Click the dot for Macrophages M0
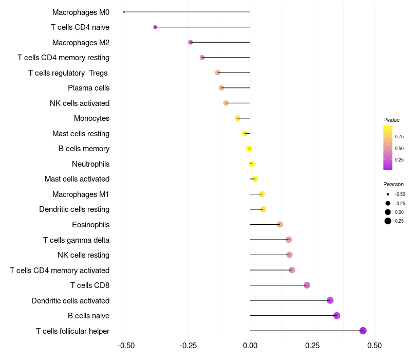click(x=124, y=12)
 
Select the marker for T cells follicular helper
click(x=363, y=331)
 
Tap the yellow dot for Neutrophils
click(x=252, y=164)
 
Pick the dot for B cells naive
click(x=337, y=315)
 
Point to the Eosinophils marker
click(x=279, y=224)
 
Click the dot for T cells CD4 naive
click(x=155, y=27)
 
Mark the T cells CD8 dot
click(x=307, y=285)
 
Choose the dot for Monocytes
click(x=237, y=118)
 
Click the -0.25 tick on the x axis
click(x=188, y=345)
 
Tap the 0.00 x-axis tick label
click(x=250, y=345)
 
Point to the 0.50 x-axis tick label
click(x=375, y=345)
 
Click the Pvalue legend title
click(x=391, y=120)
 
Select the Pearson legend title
click(x=394, y=184)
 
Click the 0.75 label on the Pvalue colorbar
click(x=399, y=136)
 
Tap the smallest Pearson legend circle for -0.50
click(x=388, y=194)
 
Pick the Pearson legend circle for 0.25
click(x=388, y=221)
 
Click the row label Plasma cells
click(x=88, y=88)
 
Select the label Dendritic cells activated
click(x=70, y=301)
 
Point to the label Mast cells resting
click(x=81, y=134)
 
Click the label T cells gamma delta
click(x=76, y=240)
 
